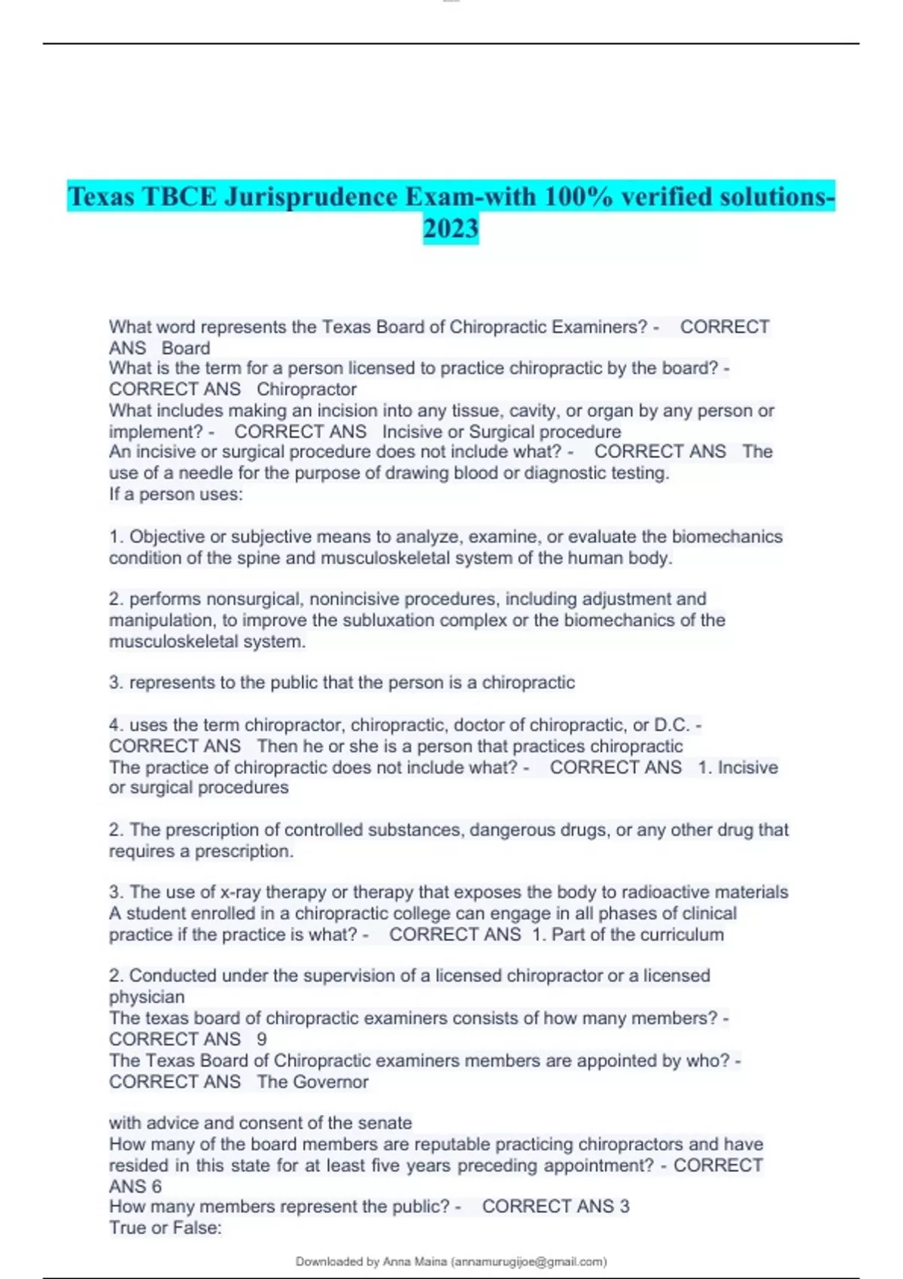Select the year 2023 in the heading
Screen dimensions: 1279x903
pos(451,229)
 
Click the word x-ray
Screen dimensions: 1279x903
pos(239,892)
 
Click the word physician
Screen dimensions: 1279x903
pos(147,998)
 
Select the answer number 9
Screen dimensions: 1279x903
pos(262,1040)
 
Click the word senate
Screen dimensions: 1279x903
pos(384,1123)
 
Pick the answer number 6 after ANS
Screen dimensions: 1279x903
pos(157,1186)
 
